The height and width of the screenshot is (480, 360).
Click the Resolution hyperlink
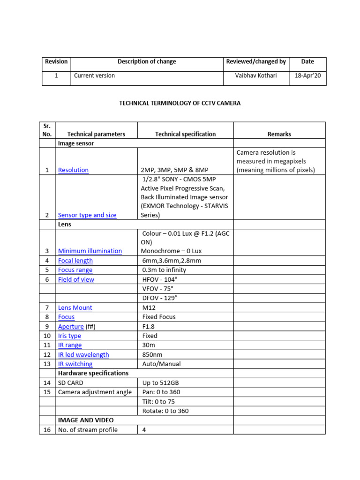73,170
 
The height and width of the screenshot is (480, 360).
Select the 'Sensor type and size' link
87,215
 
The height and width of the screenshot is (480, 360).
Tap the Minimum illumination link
90,251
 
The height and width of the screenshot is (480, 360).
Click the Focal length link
75,261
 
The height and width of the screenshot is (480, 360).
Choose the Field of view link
76,279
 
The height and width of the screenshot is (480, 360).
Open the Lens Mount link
75,307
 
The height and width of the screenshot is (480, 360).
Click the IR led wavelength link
83,354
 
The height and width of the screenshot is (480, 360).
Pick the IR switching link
75,364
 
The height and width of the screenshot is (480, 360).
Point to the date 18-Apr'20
307,75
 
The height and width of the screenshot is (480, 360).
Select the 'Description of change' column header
147,61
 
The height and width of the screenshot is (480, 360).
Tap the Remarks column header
279,134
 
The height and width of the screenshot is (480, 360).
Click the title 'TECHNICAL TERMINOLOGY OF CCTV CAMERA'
180,103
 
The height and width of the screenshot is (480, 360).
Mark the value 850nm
152,354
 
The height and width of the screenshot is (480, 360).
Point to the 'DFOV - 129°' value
159,298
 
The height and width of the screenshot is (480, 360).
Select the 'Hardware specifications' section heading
93,373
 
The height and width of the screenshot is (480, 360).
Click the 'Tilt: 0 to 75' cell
158,401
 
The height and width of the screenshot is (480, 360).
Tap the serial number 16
47,430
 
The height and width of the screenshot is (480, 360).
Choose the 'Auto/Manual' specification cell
161,364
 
